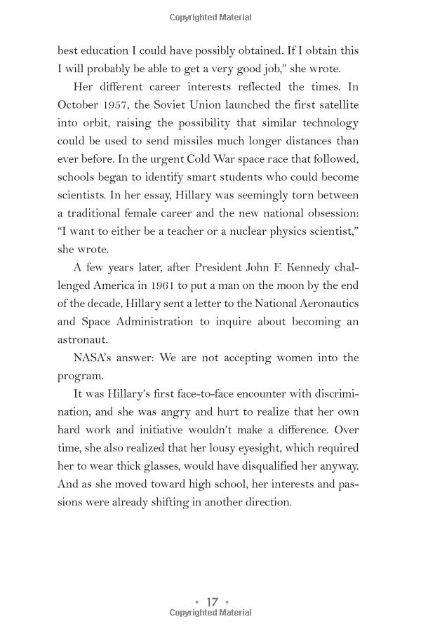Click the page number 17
coord(212,602)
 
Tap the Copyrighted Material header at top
coord(210,18)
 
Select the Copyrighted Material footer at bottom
coord(210,613)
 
